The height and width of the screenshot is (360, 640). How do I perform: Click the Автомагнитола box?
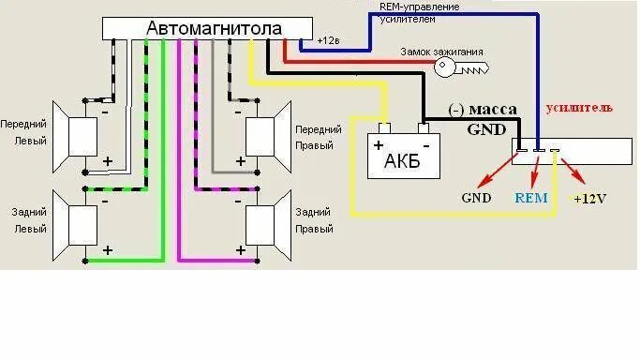(213, 29)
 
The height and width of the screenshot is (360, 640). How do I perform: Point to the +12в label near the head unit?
(329, 41)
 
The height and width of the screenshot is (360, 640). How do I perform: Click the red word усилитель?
(579, 108)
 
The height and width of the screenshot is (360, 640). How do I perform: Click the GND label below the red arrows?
(476, 198)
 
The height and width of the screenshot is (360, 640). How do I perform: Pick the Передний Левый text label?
(25, 130)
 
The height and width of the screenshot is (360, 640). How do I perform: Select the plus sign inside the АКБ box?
(379, 145)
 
